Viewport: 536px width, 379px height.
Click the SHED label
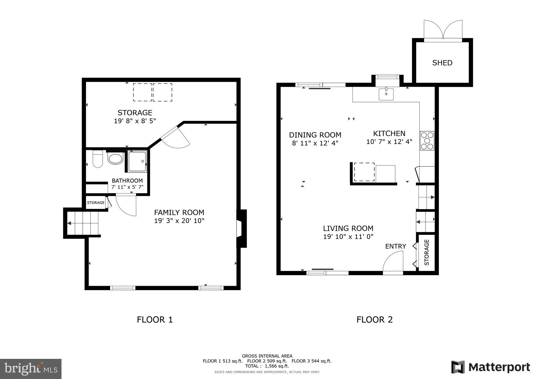click(442, 63)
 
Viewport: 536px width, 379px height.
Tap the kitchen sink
click(386, 94)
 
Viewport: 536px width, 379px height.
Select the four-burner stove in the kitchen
click(427, 141)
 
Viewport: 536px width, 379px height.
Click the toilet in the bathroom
click(98, 159)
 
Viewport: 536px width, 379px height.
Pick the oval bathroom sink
click(115, 159)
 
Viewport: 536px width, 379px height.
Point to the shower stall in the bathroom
click(137, 161)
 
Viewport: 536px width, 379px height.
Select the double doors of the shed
click(443, 30)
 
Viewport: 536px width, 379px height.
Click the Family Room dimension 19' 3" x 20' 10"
click(179, 221)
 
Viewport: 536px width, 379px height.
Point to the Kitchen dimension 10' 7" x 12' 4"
click(389, 142)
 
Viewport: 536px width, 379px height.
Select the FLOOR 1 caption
click(155, 320)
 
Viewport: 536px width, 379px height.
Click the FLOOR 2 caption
click(375, 320)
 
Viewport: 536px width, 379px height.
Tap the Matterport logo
click(491, 367)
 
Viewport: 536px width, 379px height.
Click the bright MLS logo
click(31, 369)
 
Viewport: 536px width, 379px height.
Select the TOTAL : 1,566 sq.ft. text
click(267, 366)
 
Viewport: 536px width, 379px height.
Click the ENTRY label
click(395, 246)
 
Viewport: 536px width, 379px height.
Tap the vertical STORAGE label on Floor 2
click(427, 252)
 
